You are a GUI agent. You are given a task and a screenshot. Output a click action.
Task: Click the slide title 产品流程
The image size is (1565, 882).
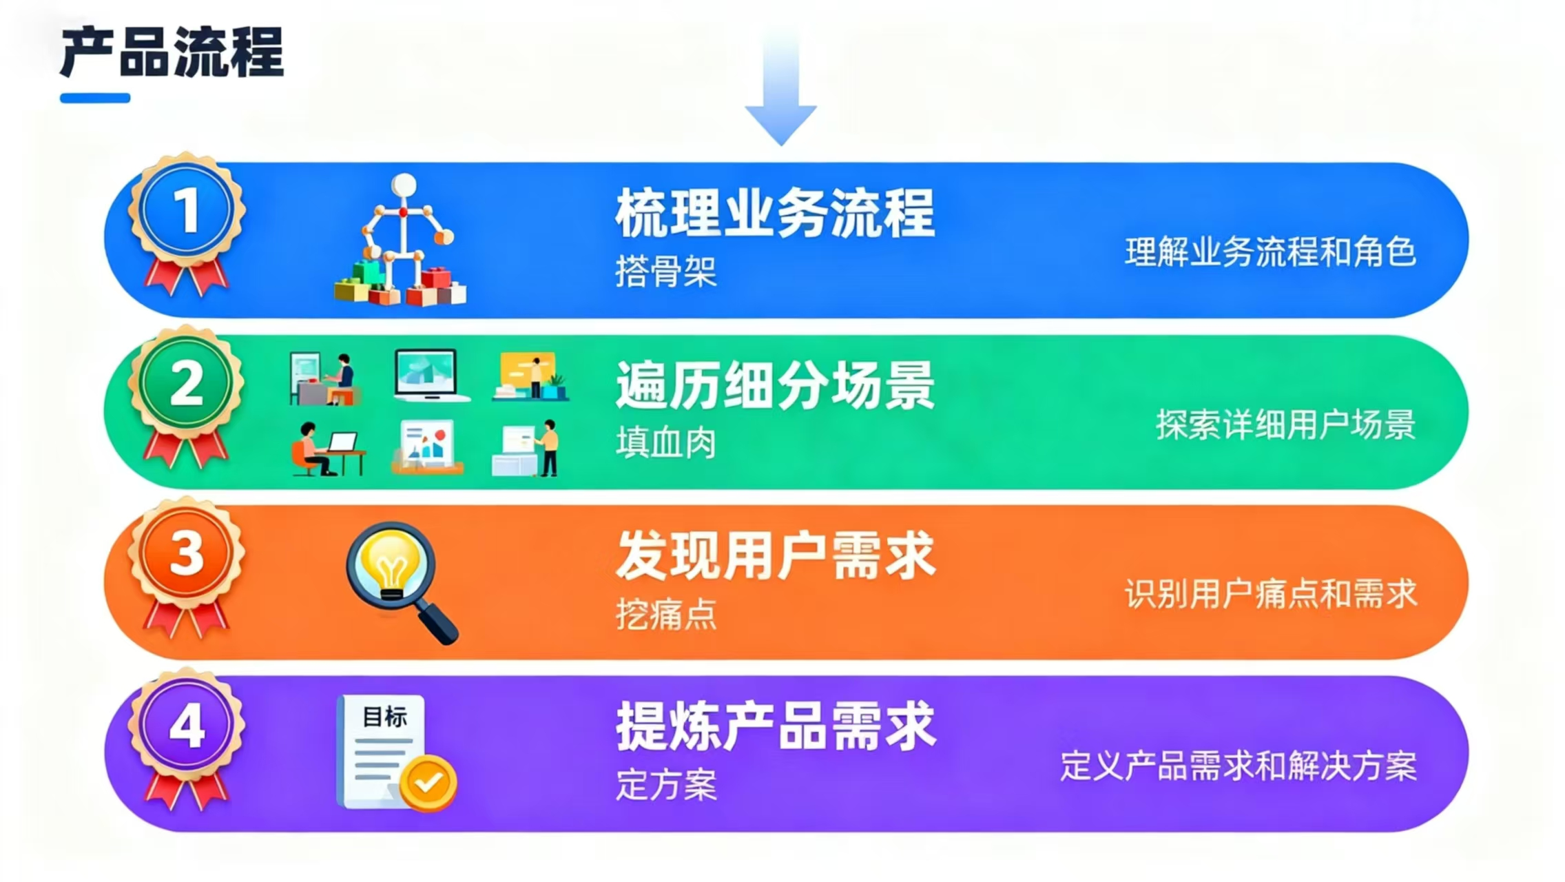click(x=172, y=52)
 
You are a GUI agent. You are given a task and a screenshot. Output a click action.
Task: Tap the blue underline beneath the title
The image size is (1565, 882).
click(x=95, y=98)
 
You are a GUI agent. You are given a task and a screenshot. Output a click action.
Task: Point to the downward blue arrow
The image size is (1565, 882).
click(x=781, y=86)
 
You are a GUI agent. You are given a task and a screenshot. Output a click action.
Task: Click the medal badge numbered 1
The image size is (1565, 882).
click(x=186, y=224)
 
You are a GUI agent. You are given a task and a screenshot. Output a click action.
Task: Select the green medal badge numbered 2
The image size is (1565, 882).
click(x=186, y=397)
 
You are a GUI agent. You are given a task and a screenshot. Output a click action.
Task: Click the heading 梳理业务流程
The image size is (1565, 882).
click(x=775, y=213)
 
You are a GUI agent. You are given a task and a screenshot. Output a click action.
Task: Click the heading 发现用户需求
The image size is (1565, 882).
click(x=776, y=555)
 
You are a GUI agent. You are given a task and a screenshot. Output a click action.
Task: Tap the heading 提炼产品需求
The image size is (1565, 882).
click(x=776, y=726)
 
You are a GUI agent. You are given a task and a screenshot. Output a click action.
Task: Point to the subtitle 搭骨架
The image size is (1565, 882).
click(x=665, y=271)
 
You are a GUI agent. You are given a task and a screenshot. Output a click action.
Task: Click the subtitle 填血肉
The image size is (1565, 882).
click(x=665, y=442)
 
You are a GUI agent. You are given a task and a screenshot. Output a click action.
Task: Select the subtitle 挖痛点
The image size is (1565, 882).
click(x=665, y=613)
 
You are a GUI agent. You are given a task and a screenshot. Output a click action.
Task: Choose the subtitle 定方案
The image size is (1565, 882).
click(x=665, y=784)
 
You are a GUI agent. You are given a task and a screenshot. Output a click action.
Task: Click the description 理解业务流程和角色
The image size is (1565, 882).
click(x=1270, y=252)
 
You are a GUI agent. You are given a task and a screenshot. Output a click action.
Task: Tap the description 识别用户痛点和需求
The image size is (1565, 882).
click(x=1270, y=594)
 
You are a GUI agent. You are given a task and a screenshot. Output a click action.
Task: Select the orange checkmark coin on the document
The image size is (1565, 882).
click(x=428, y=782)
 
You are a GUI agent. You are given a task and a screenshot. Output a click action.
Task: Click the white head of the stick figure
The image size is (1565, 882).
click(x=404, y=185)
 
